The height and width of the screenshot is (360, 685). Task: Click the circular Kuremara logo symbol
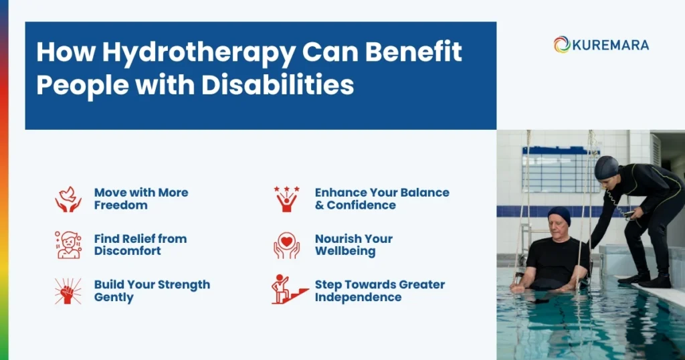561,45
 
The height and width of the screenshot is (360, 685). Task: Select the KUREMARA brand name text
610,45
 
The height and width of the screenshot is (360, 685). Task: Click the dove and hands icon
68,199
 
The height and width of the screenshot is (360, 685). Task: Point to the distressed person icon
68,245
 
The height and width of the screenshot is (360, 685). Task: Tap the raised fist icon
68,290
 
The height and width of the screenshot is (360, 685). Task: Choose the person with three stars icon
286,199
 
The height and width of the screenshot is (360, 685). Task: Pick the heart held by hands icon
286,245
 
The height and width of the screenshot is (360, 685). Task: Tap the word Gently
114,297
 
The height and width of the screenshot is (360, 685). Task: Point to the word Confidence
361,205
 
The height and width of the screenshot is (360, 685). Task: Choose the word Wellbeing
345,252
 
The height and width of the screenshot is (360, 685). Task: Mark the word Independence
359,297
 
